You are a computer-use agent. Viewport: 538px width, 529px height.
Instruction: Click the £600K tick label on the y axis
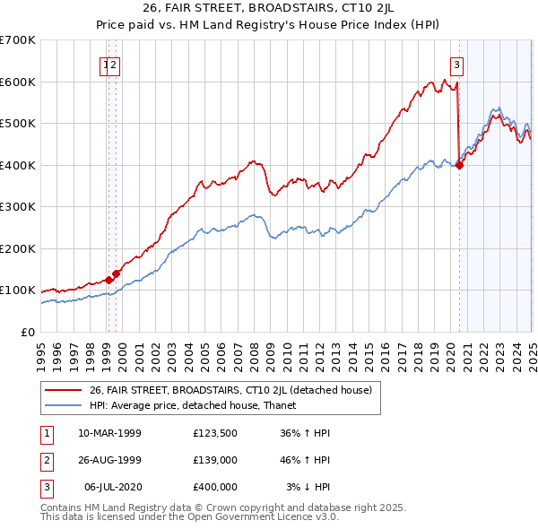[18, 82]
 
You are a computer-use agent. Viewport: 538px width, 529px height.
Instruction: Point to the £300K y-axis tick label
[18, 206]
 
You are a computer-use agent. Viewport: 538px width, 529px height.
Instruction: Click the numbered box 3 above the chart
[457, 64]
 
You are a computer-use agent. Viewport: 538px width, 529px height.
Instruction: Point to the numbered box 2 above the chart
[116, 64]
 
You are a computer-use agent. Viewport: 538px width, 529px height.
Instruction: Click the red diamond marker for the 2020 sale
[459, 165]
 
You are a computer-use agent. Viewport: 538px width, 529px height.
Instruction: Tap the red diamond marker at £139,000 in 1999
[117, 273]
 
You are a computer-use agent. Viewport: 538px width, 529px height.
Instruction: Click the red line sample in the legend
[63, 390]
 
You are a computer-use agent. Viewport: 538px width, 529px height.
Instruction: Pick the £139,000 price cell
[215, 460]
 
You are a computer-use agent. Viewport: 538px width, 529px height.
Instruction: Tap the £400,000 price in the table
[215, 487]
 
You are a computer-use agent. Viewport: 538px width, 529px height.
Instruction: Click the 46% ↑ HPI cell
[308, 460]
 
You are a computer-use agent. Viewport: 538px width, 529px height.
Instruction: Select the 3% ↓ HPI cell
[308, 487]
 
